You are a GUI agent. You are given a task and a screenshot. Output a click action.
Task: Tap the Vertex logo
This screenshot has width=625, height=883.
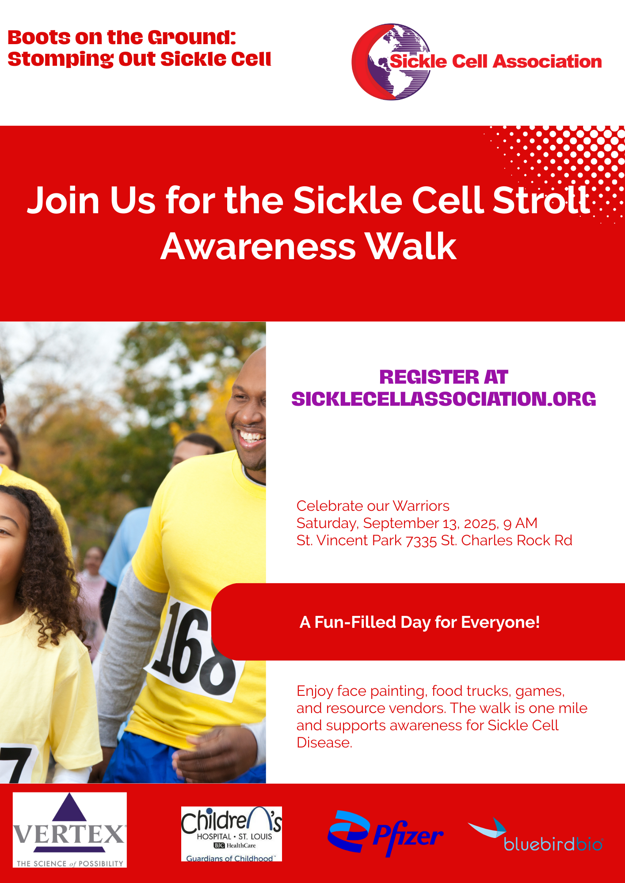(x=69, y=830)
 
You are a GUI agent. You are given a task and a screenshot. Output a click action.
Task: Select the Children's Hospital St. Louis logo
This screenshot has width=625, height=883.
(x=231, y=834)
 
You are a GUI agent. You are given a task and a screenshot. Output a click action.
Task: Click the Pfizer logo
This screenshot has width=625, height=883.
(x=385, y=833)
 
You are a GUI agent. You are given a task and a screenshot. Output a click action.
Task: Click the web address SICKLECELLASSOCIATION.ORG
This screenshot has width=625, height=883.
(x=444, y=399)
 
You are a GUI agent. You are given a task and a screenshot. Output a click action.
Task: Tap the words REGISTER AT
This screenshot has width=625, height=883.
(x=444, y=377)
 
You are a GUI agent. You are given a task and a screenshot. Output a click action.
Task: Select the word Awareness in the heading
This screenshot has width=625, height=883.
(x=258, y=246)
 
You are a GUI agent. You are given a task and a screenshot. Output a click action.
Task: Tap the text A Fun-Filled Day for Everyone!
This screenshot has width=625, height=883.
(x=419, y=622)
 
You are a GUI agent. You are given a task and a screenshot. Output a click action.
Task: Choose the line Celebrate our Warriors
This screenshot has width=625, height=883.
(x=373, y=506)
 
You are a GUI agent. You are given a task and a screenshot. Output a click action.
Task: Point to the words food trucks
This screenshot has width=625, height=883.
(x=471, y=691)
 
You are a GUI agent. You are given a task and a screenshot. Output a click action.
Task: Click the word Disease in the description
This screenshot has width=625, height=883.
(x=324, y=743)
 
